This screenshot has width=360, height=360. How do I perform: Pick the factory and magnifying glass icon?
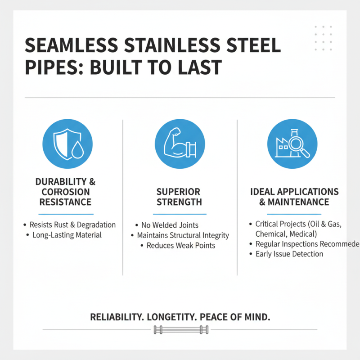(x=292, y=144)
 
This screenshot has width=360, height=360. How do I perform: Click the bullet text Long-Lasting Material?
(x=67, y=235)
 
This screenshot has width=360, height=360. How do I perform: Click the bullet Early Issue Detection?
(x=289, y=254)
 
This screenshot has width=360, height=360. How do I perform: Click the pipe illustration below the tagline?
(x=180, y=331)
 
